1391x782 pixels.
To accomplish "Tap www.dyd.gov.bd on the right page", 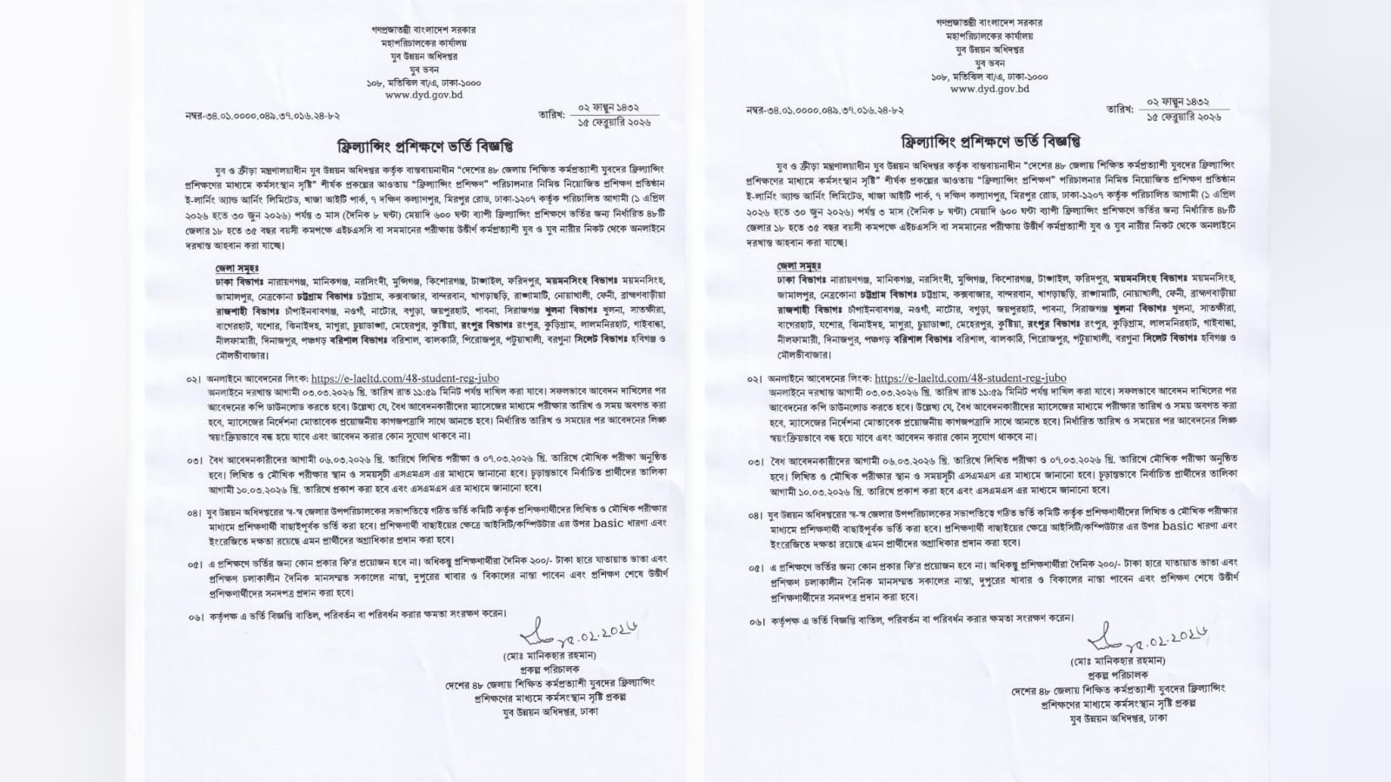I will pyautogui.click(x=989, y=89).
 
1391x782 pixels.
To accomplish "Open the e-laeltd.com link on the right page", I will pyautogui.click(x=970, y=378).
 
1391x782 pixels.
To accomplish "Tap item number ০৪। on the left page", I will pyautogui.click(x=193, y=515).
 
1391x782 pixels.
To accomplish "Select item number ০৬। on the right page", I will pyautogui.click(x=755, y=622).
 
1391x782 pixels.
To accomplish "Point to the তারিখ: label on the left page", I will pyautogui.click(x=551, y=114).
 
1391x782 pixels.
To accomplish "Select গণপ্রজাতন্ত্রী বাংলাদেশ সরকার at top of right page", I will pyautogui.click(x=988, y=22).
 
